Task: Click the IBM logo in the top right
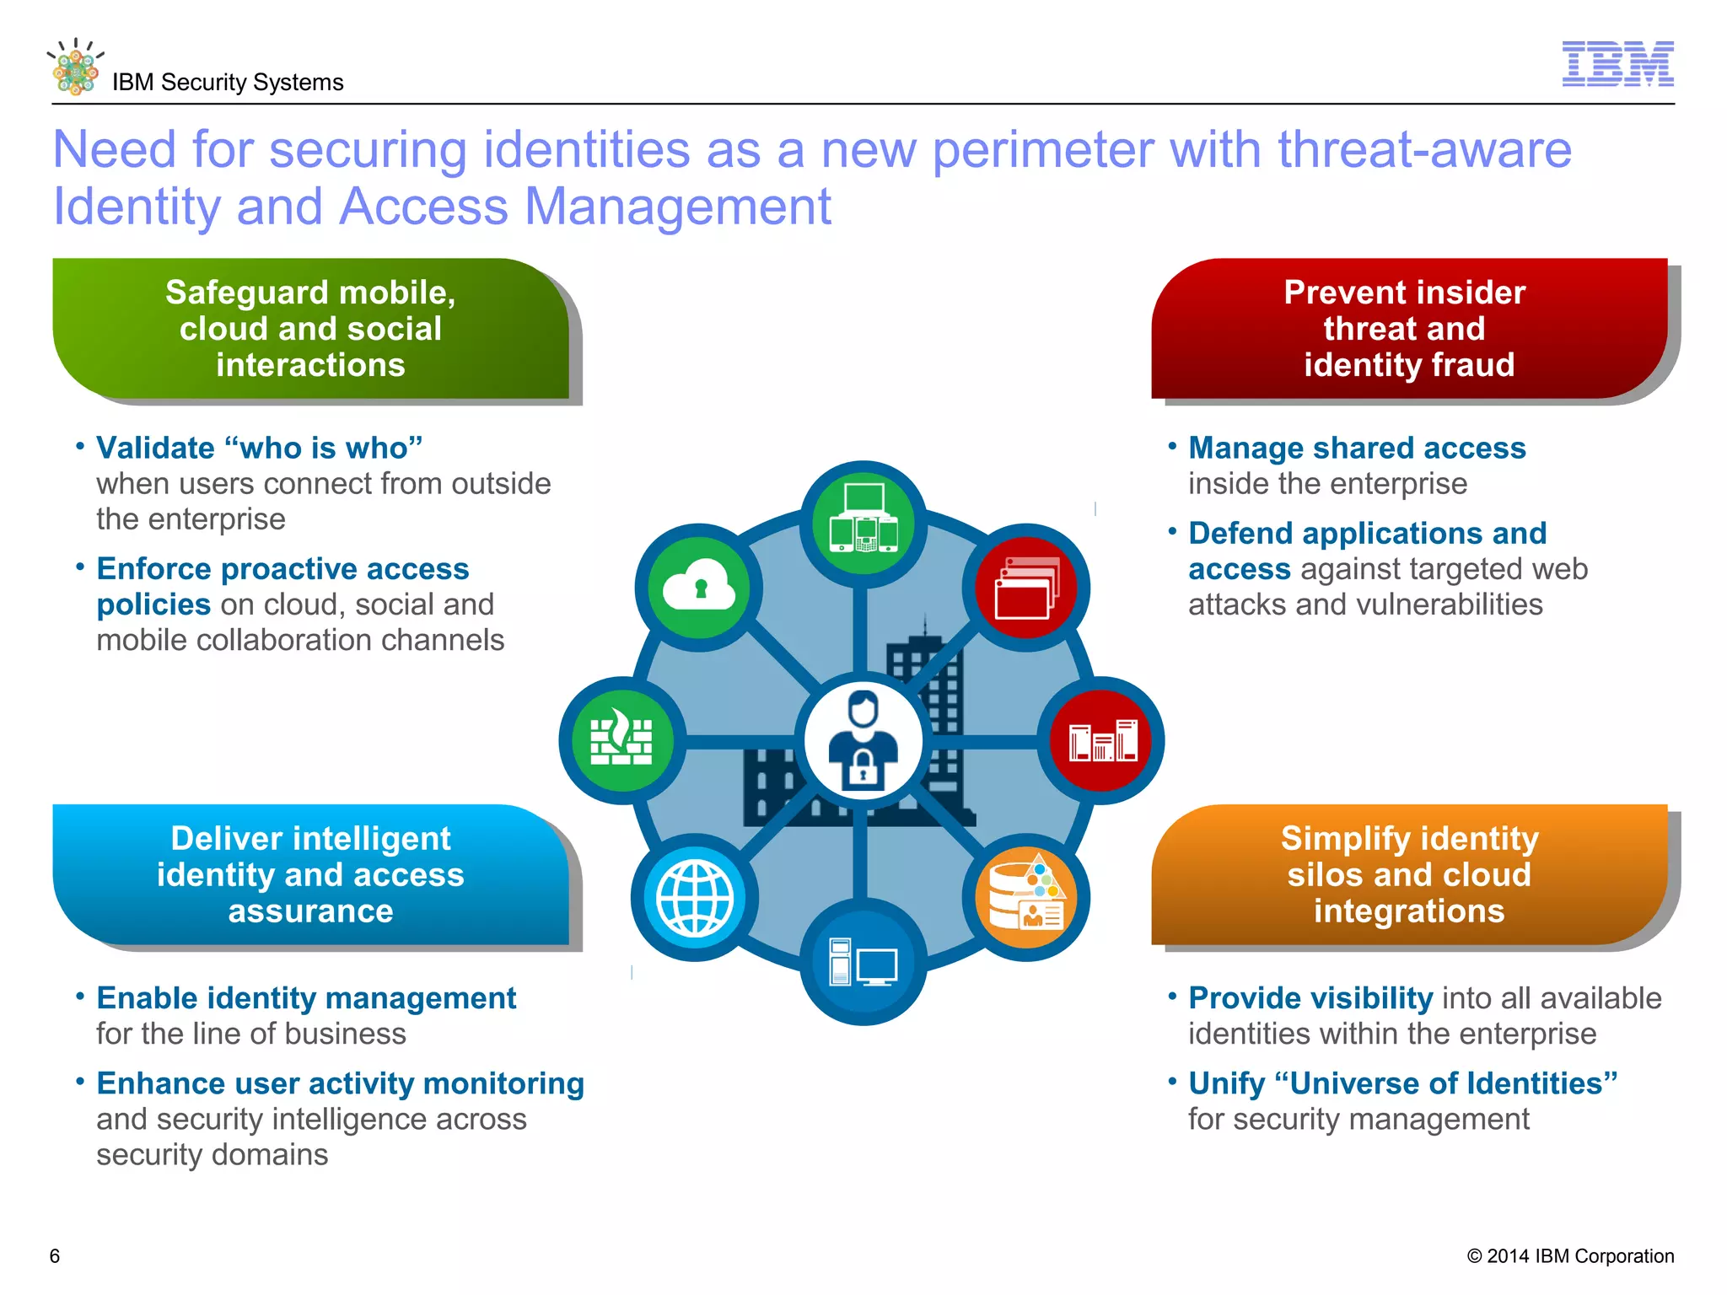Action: tap(1617, 64)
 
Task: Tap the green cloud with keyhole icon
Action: tap(699, 587)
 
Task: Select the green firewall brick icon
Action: tap(622, 740)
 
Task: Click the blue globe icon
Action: tap(695, 897)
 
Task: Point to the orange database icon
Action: tap(1026, 897)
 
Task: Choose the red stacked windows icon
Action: tap(1026, 588)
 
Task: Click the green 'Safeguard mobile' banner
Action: tap(310, 329)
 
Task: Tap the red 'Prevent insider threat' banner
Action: tap(1409, 329)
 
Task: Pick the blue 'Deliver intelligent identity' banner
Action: tap(310, 874)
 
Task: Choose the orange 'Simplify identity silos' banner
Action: tap(1409, 874)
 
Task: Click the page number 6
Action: tap(55, 1256)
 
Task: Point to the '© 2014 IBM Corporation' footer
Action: tap(1570, 1256)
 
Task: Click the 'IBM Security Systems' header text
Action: tap(228, 83)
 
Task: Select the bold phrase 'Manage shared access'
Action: tap(1357, 448)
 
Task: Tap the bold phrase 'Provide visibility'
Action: tap(1310, 998)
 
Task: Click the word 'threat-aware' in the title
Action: tap(1424, 150)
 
